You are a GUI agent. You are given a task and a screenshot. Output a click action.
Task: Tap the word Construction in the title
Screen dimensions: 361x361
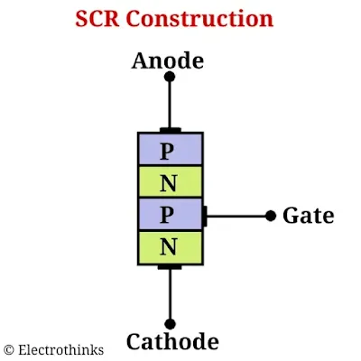point(207,18)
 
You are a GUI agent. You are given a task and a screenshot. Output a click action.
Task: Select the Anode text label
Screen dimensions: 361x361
point(168,60)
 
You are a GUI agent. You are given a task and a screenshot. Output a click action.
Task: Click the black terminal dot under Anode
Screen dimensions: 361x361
point(169,78)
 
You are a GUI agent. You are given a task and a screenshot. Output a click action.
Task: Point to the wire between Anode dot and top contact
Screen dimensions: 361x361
point(169,104)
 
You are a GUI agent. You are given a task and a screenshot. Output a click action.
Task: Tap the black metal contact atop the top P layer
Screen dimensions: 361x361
point(169,130)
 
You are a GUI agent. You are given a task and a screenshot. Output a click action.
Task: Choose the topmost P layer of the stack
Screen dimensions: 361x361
point(169,149)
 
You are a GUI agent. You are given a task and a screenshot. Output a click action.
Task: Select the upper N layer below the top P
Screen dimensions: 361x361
point(169,181)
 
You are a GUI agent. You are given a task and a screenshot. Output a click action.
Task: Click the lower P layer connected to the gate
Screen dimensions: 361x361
point(169,214)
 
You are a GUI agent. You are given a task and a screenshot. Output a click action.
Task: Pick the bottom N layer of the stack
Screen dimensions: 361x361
point(169,246)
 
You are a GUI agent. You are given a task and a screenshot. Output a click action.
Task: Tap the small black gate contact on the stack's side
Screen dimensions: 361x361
point(206,216)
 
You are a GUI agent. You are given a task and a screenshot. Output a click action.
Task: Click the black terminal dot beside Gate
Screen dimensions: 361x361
point(270,216)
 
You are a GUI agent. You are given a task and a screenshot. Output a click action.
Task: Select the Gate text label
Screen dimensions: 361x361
point(308,216)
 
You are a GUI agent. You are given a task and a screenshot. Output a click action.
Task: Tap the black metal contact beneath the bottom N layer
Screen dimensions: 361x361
point(169,266)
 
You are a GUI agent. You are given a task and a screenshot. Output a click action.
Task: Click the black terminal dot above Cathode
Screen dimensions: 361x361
point(169,323)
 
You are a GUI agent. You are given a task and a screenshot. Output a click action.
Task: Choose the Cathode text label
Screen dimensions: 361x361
point(171,342)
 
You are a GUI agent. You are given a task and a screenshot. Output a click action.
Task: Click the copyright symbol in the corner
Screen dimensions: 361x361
point(9,349)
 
